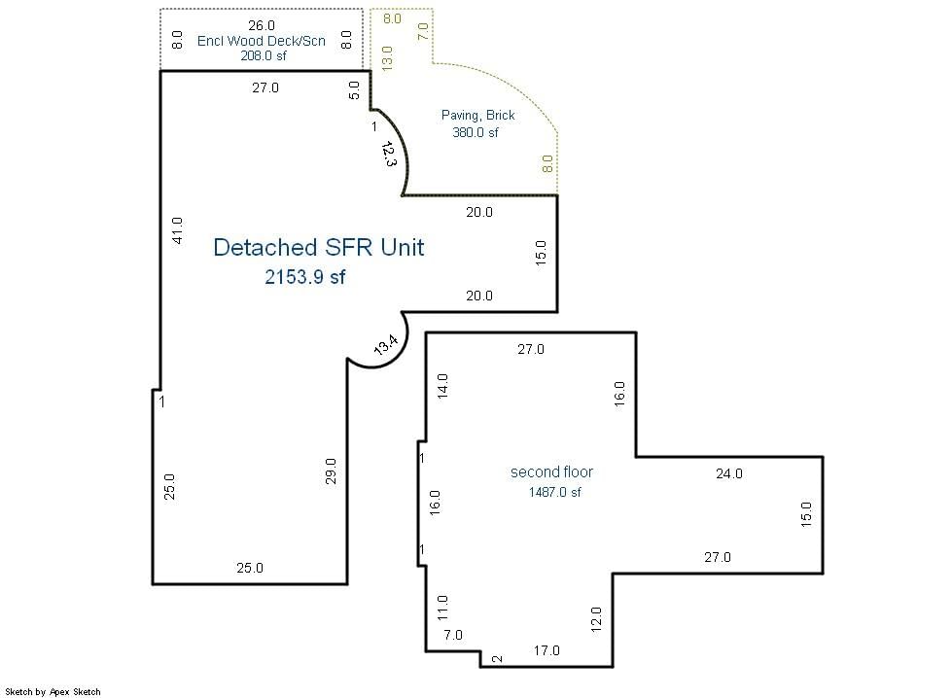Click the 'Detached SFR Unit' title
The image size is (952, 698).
click(319, 248)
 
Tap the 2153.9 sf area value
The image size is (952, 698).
click(304, 277)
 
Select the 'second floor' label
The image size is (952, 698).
click(551, 471)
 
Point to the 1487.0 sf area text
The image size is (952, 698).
click(555, 492)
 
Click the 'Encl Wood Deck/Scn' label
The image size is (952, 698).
click(261, 41)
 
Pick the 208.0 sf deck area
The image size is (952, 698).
click(264, 55)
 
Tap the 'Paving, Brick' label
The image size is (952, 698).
click(477, 116)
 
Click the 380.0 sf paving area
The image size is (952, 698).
click(476, 132)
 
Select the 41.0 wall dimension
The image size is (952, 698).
click(177, 230)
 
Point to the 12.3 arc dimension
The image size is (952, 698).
click(389, 155)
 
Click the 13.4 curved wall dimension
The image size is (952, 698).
click(385, 345)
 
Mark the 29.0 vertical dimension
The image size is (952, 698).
click(331, 471)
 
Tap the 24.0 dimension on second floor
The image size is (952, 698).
click(729, 473)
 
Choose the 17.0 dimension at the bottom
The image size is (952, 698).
click(547, 650)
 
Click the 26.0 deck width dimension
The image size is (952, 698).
click(262, 25)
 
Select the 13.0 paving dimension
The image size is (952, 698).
click(387, 58)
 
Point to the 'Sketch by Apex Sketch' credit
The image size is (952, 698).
click(53, 691)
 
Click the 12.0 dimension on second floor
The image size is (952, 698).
click(595, 619)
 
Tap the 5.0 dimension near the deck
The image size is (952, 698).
click(354, 90)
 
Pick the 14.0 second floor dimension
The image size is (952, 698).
click(442, 386)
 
